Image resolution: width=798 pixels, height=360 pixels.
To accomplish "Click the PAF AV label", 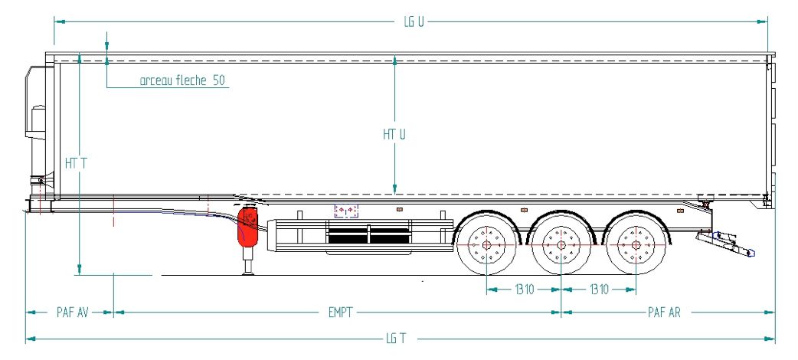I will tap(72, 313).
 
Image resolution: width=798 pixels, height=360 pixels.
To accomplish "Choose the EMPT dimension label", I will tap(338, 313).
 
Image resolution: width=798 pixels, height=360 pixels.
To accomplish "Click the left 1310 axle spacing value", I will tap(525, 290).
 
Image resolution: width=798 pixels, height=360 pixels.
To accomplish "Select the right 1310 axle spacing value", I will tap(599, 290).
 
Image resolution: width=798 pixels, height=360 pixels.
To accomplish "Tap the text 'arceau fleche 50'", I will tap(182, 80).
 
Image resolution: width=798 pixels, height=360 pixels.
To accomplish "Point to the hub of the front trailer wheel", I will tap(487, 245).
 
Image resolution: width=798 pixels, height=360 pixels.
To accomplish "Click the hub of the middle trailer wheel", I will tap(561, 245).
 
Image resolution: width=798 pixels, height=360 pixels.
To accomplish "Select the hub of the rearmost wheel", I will tap(635, 245).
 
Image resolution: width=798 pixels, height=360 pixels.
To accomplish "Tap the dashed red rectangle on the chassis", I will tap(346, 210).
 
